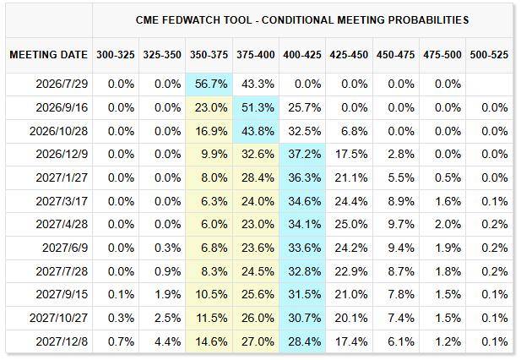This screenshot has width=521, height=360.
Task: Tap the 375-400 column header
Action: (256, 55)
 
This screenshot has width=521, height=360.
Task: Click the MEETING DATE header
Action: (48, 55)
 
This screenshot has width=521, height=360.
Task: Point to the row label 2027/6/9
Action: (65, 248)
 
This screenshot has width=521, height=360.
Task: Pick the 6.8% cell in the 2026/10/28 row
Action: (354, 131)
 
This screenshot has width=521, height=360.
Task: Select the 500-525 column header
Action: (489, 55)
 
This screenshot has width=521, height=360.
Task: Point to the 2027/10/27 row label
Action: (58, 318)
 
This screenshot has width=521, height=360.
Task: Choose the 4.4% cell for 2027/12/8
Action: (168, 341)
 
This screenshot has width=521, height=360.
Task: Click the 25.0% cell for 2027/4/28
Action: (351, 225)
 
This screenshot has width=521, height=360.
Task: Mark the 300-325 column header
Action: (116, 55)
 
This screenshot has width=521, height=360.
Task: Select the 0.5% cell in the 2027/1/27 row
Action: (448, 177)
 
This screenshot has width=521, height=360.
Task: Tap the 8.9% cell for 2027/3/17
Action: (401, 201)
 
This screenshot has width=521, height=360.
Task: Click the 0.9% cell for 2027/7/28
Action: (168, 271)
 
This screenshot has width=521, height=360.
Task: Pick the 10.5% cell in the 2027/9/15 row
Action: (212, 295)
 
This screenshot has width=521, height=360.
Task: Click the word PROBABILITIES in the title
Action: (428, 20)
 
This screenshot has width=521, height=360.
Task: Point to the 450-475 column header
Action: (396, 55)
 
